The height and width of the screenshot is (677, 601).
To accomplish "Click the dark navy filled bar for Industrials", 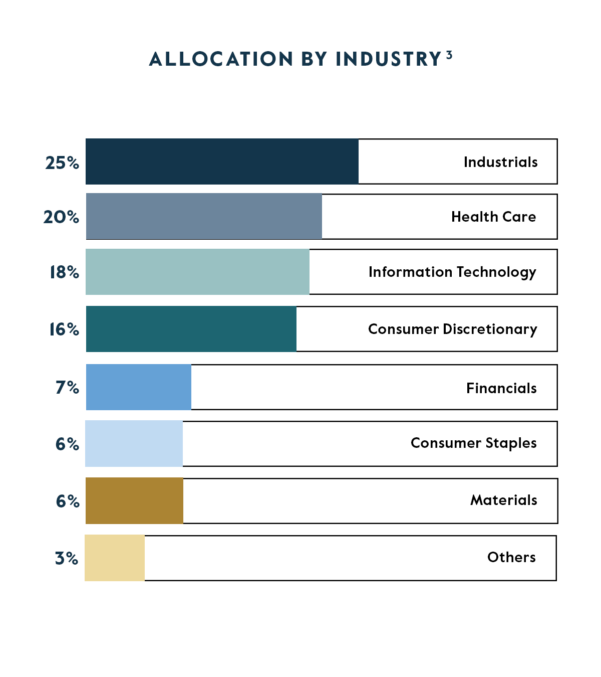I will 222,161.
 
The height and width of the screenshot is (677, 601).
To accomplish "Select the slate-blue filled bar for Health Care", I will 204,216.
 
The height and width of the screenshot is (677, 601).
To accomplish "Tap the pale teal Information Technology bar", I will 197,272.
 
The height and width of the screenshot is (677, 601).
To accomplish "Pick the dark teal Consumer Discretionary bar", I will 191,329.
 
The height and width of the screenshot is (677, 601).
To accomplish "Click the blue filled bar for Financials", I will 139,387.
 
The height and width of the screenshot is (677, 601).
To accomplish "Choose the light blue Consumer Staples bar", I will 134,443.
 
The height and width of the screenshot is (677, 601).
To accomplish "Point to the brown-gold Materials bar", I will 134,500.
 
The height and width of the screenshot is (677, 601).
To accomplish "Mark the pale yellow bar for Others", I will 115,558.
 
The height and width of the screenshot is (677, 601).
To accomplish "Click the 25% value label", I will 62,162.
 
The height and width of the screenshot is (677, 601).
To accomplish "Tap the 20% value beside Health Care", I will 61,217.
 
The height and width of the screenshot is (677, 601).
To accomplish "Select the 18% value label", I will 64,272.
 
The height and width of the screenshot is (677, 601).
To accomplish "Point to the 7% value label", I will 67,388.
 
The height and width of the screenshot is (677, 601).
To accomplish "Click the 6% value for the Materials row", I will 68,501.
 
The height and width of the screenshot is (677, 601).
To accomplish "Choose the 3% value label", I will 67,558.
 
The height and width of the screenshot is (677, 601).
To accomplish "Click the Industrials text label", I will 500,162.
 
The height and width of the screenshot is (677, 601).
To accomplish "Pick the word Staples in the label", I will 511,443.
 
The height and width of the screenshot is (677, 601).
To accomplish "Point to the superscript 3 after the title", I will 449,55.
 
